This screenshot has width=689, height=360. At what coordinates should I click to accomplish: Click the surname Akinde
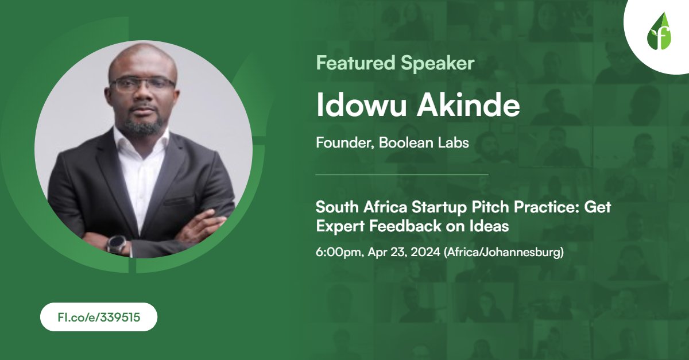tap(465, 105)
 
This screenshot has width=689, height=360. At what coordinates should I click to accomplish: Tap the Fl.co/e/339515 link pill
tap(98, 316)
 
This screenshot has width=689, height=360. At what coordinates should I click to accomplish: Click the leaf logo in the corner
tap(659, 34)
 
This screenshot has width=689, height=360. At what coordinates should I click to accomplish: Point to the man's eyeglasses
tap(142, 84)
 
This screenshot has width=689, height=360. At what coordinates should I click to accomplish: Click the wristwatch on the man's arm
tap(116, 243)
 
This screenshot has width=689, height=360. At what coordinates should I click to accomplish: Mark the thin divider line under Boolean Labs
tap(402, 174)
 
